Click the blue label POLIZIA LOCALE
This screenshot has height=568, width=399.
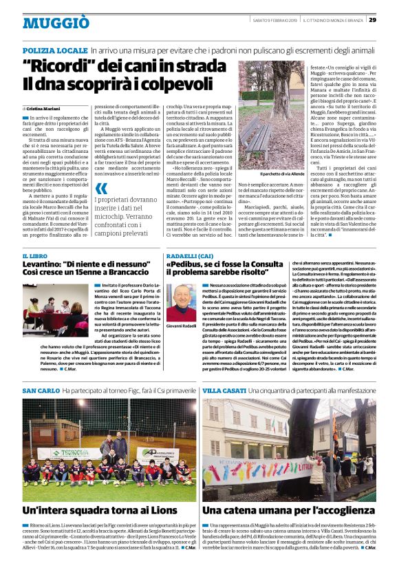[54, 52]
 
